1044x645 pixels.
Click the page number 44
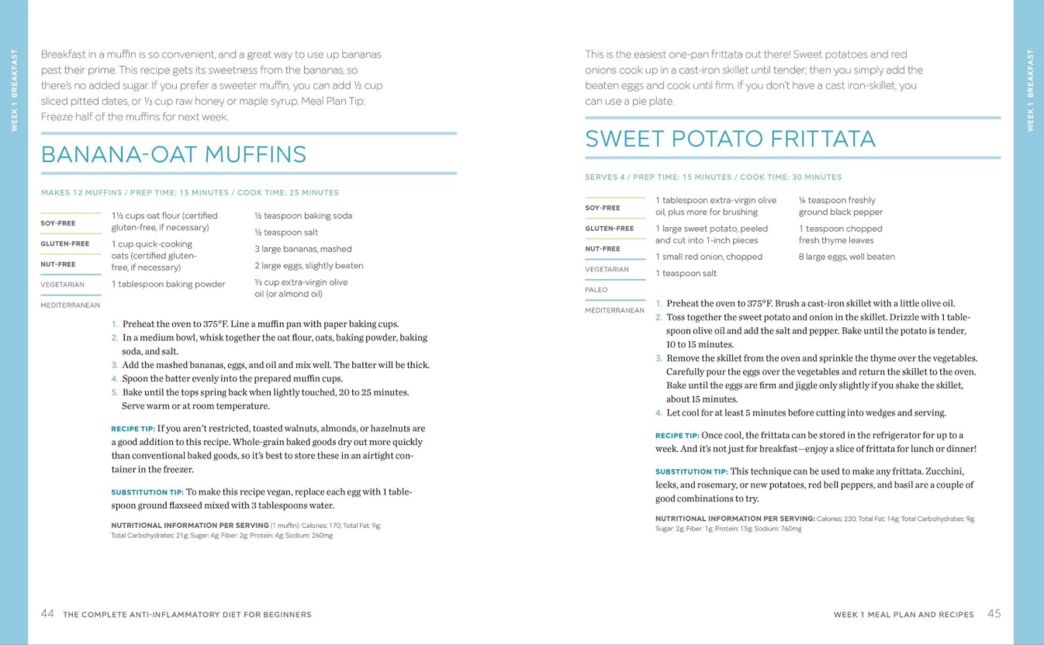point(47,614)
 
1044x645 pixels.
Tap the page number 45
point(994,614)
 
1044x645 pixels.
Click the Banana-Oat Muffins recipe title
point(174,154)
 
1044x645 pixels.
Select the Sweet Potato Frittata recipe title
point(730,139)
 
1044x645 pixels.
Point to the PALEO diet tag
point(596,290)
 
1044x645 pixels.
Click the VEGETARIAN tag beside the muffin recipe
point(62,285)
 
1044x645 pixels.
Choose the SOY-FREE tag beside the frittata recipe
point(602,208)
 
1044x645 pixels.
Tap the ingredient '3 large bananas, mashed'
point(303,249)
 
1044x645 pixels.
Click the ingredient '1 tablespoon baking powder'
point(168,284)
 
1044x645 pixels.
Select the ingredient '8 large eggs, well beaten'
point(846,257)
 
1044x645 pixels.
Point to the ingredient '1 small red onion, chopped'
point(709,257)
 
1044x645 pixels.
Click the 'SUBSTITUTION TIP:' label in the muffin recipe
point(147,492)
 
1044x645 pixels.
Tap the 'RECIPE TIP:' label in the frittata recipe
point(677,436)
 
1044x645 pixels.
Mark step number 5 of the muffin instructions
point(114,392)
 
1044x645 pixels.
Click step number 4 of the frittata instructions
point(659,412)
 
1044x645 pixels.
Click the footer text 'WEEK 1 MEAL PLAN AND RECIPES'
point(904,615)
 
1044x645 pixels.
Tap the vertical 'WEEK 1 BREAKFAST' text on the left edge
point(14,90)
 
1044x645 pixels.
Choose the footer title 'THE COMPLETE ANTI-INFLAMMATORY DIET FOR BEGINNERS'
point(187,615)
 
